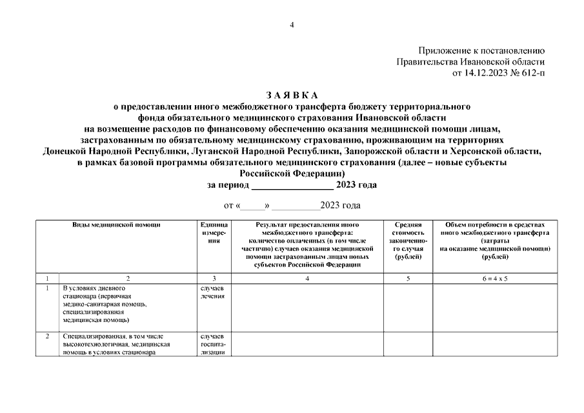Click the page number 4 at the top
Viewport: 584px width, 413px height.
(x=292, y=25)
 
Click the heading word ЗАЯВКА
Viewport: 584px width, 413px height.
(x=292, y=94)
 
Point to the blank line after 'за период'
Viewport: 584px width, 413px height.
(x=292, y=185)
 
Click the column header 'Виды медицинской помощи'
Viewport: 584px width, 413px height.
(x=116, y=225)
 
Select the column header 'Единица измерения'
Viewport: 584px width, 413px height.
(x=212, y=232)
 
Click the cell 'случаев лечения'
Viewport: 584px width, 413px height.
(x=212, y=292)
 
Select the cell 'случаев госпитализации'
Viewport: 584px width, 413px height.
(x=212, y=345)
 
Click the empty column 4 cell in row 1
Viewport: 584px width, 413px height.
(x=307, y=306)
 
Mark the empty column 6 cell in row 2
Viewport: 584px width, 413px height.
(x=494, y=352)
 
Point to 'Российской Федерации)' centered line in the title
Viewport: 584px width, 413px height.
(x=292, y=174)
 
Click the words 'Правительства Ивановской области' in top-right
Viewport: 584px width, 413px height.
(x=470, y=61)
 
